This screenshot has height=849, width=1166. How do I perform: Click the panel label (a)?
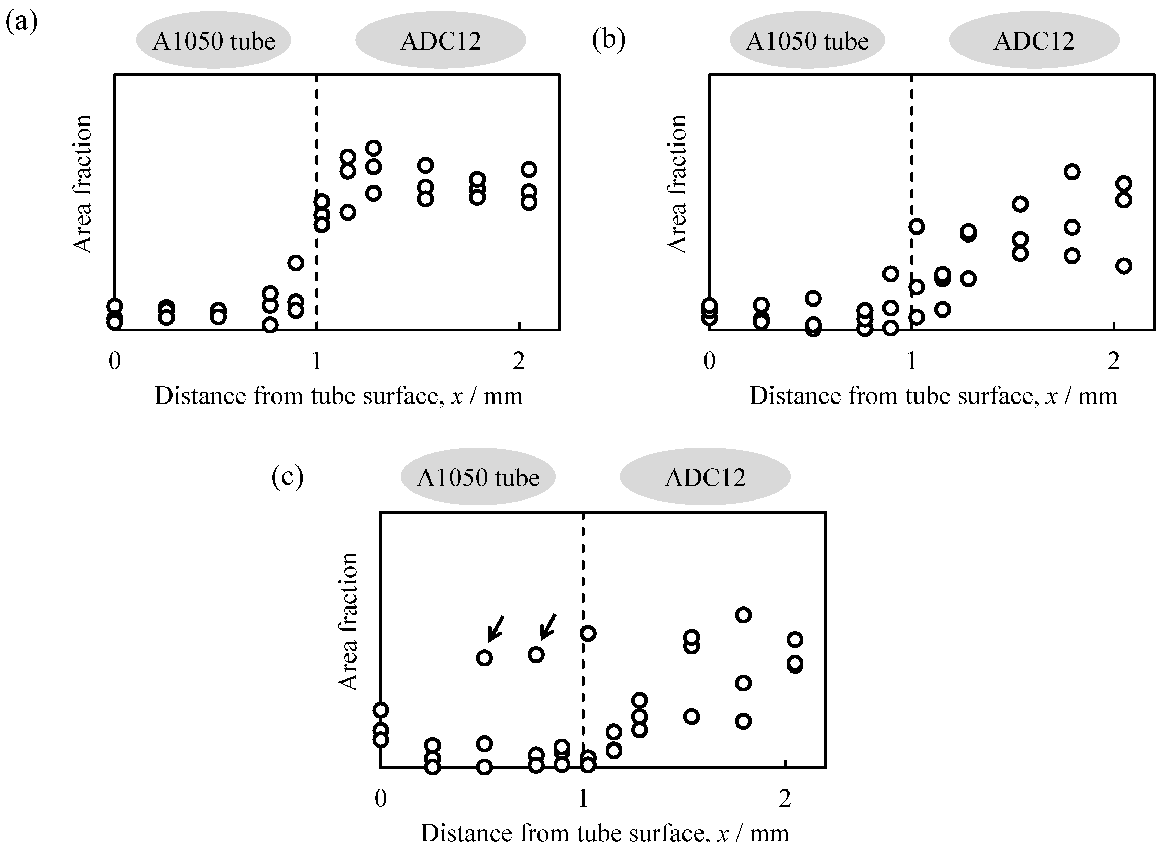[21, 23]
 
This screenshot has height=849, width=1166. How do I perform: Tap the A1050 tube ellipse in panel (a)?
[214, 41]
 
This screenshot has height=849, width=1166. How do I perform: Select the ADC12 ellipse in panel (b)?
[1034, 41]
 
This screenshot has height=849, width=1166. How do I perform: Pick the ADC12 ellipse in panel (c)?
[705, 477]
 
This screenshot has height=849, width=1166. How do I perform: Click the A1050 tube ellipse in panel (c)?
[478, 477]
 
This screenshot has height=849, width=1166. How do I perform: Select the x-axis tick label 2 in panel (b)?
[1113, 361]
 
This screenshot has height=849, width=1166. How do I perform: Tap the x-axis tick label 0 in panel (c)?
[380, 798]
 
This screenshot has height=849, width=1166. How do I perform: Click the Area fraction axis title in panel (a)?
[82, 184]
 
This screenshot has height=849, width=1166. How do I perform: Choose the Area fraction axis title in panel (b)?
[677, 184]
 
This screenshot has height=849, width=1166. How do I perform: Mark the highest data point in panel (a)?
[374, 149]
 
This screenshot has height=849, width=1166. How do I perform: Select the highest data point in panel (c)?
[743, 615]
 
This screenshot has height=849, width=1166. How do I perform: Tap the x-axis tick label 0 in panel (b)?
[710, 361]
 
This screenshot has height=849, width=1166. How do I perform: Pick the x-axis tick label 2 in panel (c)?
[785, 798]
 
